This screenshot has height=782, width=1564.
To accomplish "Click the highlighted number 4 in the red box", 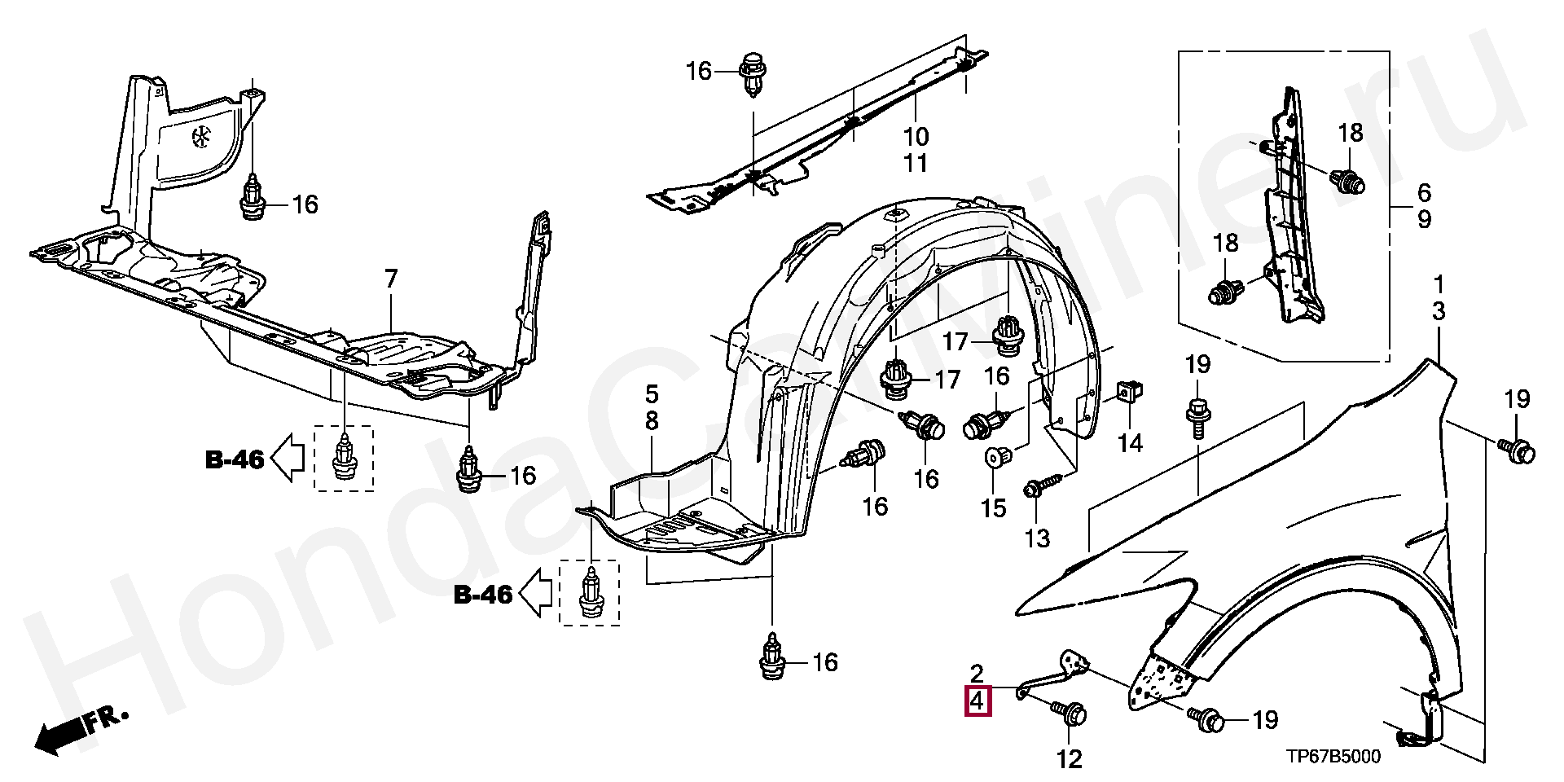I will point(977,701).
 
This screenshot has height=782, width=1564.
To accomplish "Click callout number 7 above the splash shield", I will point(391,280).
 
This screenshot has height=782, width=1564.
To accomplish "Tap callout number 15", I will point(993,508).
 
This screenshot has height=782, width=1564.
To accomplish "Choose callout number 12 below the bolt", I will point(1070,759).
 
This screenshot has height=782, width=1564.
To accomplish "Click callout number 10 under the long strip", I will point(916,137).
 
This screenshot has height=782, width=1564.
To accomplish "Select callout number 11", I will point(916,163).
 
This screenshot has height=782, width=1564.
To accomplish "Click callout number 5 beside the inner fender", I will point(652,395).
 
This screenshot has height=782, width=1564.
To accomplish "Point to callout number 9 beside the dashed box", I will point(1423,220).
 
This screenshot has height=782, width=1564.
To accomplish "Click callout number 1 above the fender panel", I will point(1439,284).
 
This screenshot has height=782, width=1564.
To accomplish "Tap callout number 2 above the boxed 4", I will point(977,673).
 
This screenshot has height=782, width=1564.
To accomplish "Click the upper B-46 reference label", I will point(235,460).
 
